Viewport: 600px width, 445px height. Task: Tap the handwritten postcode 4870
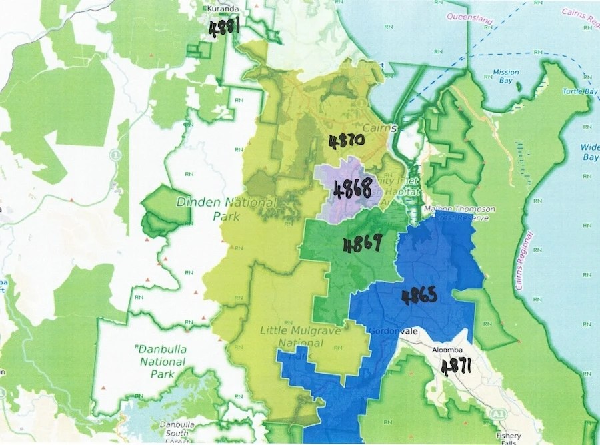point(346,141)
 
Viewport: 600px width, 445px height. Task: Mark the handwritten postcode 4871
point(458,366)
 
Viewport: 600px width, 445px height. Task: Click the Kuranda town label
point(223,9)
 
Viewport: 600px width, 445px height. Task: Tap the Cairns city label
point(381,128)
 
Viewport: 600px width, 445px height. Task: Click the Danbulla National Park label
point(162,361)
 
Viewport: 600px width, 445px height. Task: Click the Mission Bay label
point(505,76)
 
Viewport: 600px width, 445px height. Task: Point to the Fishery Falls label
point(511,437)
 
